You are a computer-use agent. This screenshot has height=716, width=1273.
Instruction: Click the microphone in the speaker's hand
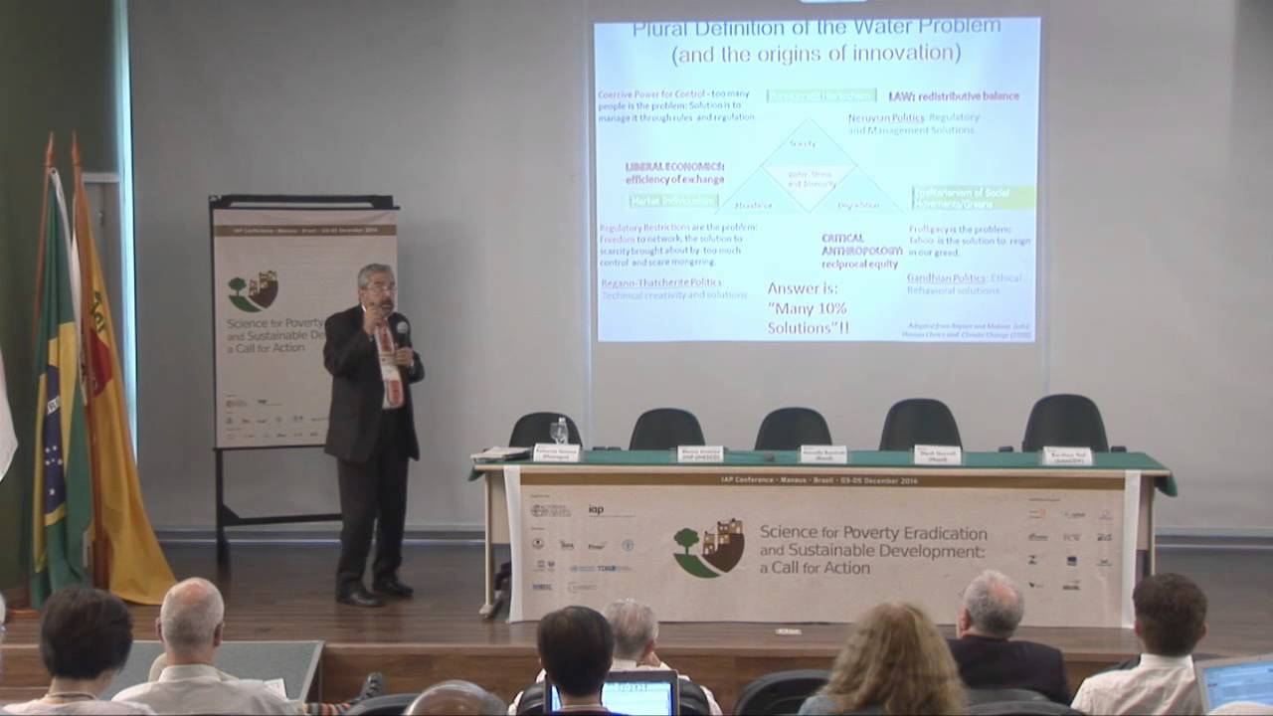pyautogui.click(x=402, y=329)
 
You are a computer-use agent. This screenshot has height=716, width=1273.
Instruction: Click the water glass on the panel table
pyautogui.click(x=560, y=431)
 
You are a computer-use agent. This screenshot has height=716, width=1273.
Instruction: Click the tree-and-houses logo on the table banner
pyautogui.click(x=708, y=548)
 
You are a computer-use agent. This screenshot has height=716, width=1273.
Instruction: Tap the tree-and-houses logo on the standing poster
pyautogui.click(x=253, y=291)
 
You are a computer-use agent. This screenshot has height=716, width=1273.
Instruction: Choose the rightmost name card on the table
pyautogui.click(x=1066, y=455)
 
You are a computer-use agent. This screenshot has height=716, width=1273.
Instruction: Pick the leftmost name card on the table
pyautogui.click(x=556, y=452)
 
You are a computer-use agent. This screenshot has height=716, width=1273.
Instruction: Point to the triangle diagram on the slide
pyautogui.click(x=809, y=169)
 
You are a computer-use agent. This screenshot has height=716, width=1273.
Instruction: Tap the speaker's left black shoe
pyautogui.click(x=393, y=589)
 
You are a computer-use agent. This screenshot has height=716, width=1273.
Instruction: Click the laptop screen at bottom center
pyautogui.click(x=638, y=694)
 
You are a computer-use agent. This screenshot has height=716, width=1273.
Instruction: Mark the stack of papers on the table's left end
pyautogui.click(x=499, y=453)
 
